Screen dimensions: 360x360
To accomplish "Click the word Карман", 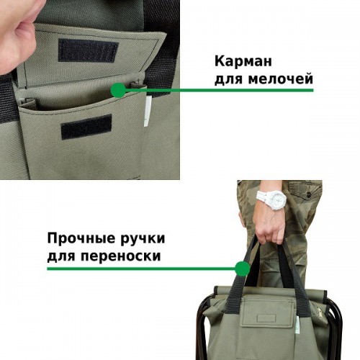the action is pos(243,61).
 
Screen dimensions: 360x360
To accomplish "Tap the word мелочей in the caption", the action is pos(281,78).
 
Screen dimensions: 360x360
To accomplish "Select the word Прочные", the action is pos(81,239).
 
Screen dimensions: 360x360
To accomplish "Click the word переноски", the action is pos(120,256).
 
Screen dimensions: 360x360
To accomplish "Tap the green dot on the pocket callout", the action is pos(118,90).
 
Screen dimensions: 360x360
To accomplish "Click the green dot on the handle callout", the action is pos(242,269).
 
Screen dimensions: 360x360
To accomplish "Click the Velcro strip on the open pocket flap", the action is pos(88,50).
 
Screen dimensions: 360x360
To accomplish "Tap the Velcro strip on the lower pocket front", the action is pos(86,127).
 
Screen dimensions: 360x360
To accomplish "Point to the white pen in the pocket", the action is pos(148,110).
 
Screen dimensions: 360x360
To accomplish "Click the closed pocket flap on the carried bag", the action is pos(266,312).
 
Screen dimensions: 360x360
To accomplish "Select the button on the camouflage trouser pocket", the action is pos(309,193).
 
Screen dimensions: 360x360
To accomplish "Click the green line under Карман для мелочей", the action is pos(218,90).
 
